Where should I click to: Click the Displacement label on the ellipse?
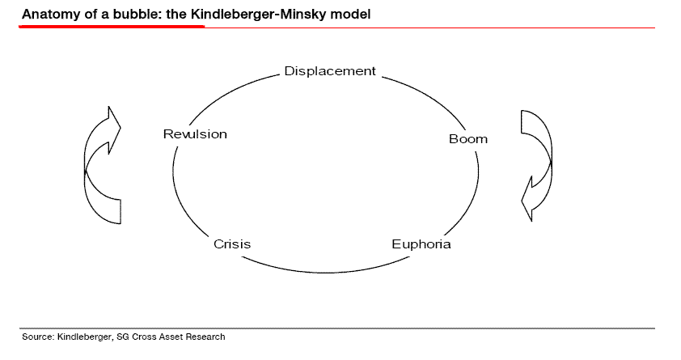pyautogui.click(x=330, y=71)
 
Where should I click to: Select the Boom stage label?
pyautogui.click(x=468, y=139)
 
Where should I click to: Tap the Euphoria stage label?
pyautogui.click(x=421, y=244)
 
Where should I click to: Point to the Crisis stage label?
pyautogui.click(x=232, y=244)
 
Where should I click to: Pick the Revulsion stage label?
pyautogui.click(x=195, y=134)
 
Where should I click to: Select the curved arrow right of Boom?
pyautogui.click(x=536, y=162)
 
